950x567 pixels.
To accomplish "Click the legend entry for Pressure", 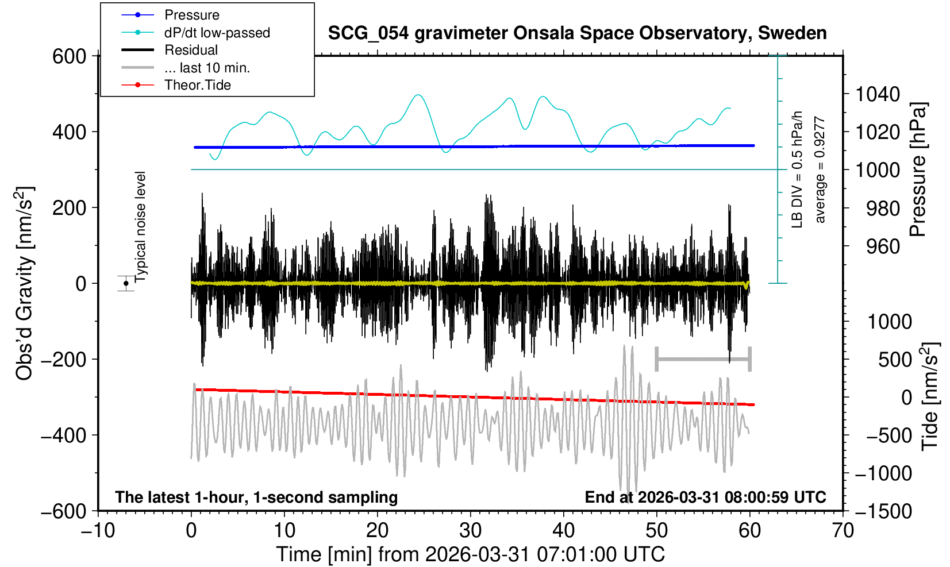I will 191,15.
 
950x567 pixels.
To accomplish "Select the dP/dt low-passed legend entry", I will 217,33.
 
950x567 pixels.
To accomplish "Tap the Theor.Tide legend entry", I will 197,85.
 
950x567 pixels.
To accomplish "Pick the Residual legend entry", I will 191,50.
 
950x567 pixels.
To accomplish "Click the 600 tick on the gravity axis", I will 69,56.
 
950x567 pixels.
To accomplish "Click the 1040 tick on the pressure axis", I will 878,94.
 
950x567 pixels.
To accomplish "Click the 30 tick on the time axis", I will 470,530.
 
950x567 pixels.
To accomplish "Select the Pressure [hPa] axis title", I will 918,170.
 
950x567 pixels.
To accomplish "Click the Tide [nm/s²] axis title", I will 930,396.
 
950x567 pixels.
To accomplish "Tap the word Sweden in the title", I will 793,33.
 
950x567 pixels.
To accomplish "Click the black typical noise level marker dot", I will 126,283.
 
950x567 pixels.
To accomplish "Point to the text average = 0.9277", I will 820,169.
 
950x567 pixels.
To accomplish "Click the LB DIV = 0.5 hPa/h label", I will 797,169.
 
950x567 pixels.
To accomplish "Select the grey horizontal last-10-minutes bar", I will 703,360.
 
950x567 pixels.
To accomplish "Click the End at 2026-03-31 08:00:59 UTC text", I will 705,497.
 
